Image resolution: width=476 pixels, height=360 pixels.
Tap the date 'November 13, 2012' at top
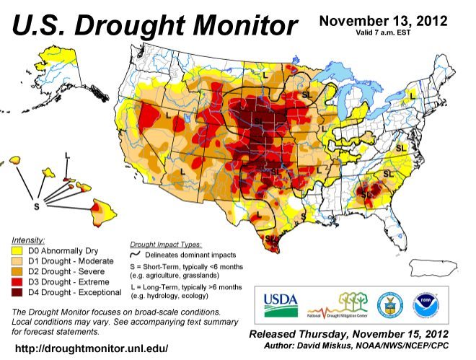coord(383,19)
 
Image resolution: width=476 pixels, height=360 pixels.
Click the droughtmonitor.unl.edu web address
coord(92,348)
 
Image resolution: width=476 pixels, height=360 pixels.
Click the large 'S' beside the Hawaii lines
coord(35,206)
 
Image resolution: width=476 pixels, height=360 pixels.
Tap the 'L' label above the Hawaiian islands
coord(67,155)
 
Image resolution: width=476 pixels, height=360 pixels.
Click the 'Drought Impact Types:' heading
coord(166,245)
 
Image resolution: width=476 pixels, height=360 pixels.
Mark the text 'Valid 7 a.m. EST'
coord(383,32)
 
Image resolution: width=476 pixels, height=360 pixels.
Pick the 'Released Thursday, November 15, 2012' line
coord(348,335)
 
